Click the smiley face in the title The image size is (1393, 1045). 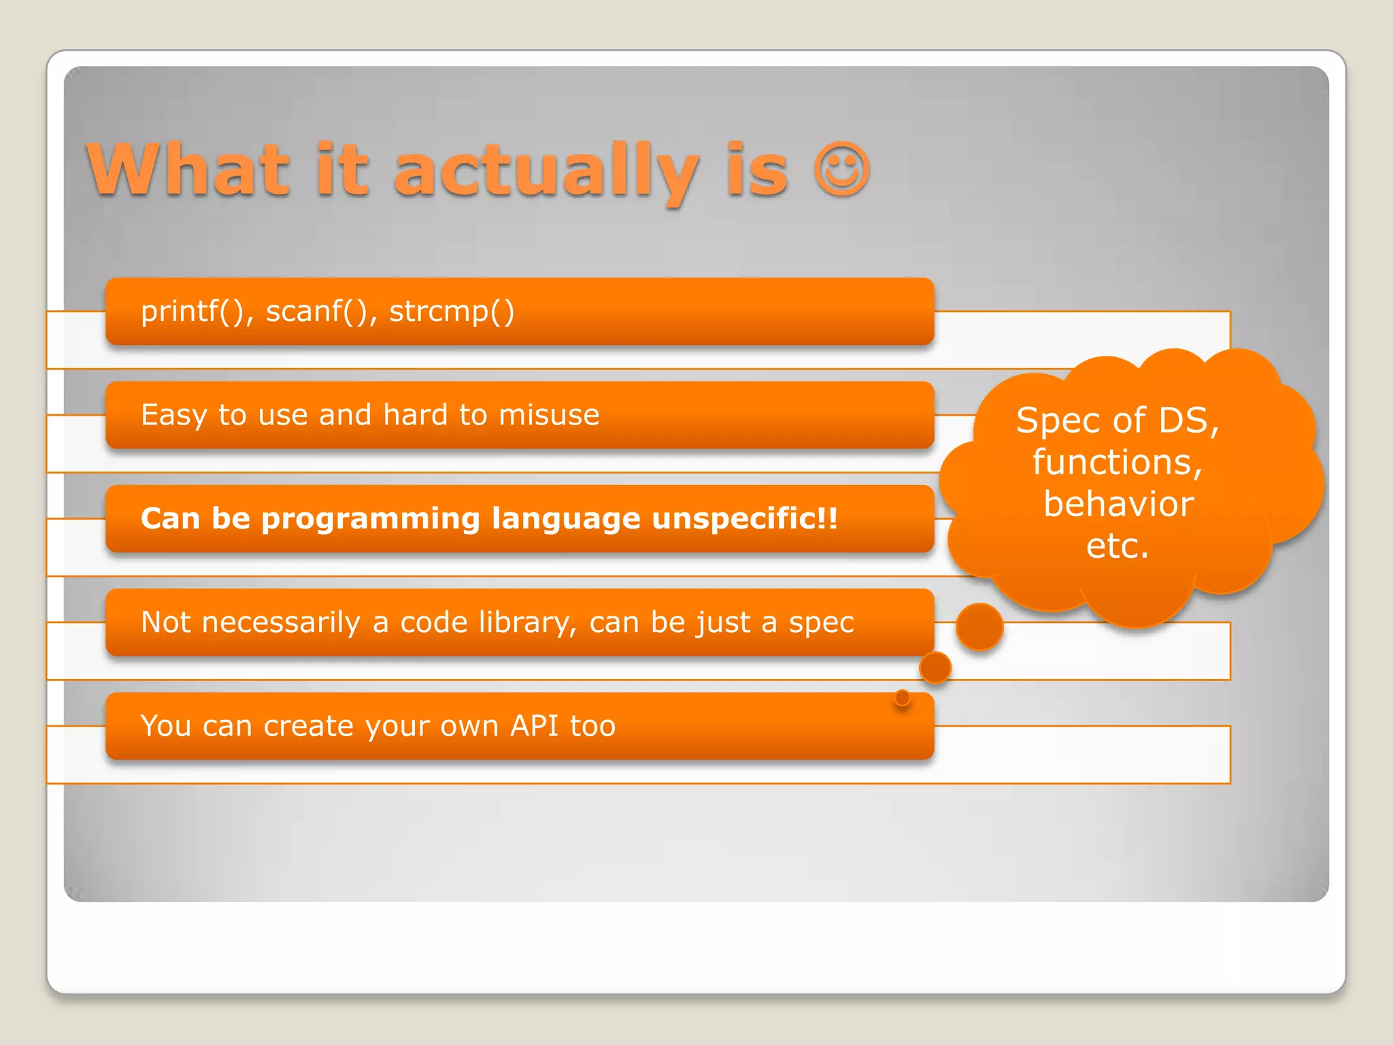pyautogui.click(x=841, y=169)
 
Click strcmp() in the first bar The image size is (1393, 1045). pyautogui.click(x=452, y=312)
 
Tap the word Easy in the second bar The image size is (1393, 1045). pyautogui.click(x=173, y=416)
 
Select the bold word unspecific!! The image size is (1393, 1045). pyautogui.click(x=745, y=519)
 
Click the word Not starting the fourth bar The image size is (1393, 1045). pyautogui.click(x=165, y=623)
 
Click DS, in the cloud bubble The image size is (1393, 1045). pyautogui.click(x=1189, y=420)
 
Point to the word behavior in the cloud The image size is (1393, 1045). pyautogui.click(x=1118, y=504)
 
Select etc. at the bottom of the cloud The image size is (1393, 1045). pyautogui.click(x=1118, y=546)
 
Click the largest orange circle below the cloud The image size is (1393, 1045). pyautogui.click(x=979, y=627)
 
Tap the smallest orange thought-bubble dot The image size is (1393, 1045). pyautogui.click(x=903, y=698)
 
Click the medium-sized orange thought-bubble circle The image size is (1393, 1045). pyautogui.click(x=935, y=667)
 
